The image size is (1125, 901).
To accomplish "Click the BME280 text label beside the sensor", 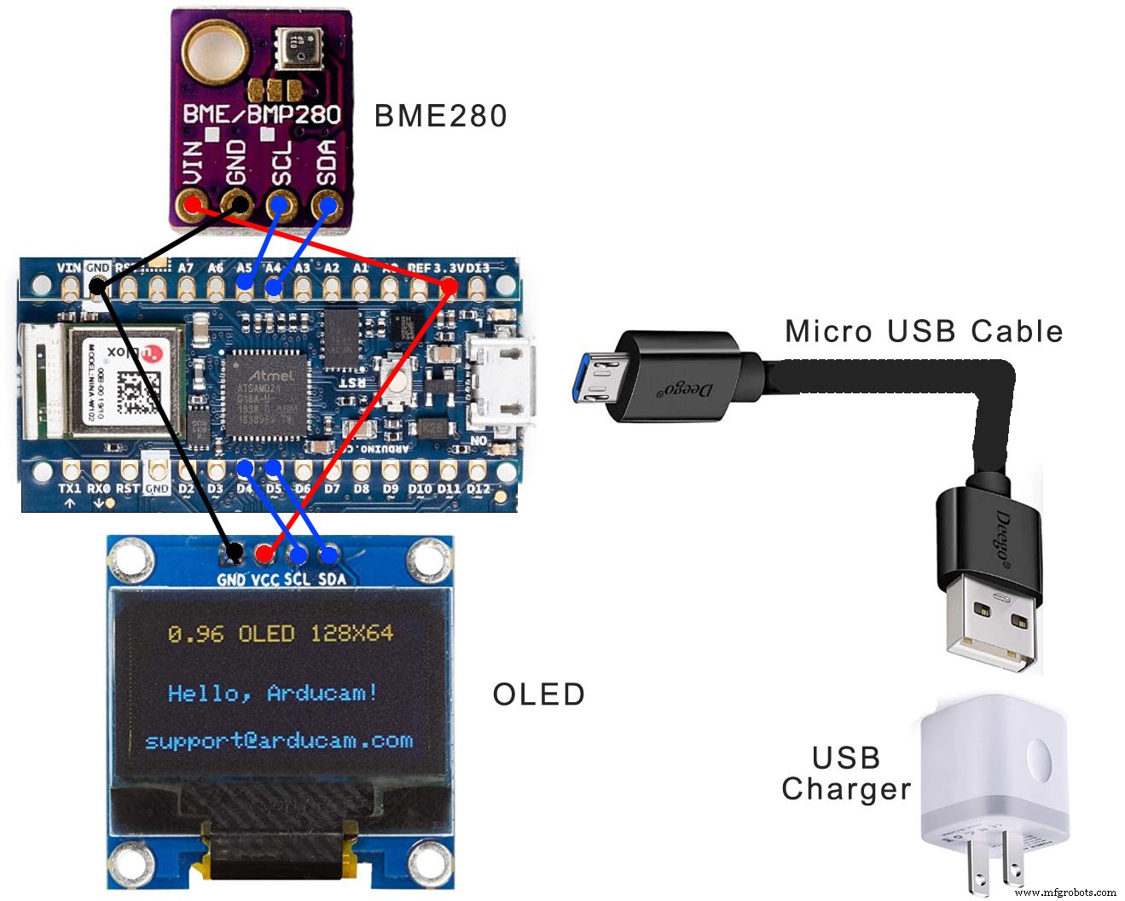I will click(x=440, y=116).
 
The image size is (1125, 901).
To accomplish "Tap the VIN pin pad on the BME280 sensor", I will click(x=194, y=205).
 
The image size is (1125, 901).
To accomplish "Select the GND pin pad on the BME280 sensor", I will click(x=237, y=205).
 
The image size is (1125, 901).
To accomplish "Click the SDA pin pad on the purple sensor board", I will click(x=326, y=205).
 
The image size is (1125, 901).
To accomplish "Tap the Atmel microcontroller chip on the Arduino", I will click(x=265, y=393).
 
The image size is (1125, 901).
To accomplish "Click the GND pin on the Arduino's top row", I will click(x=98, y=287).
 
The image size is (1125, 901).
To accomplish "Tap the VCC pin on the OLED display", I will click(x=264, y=555).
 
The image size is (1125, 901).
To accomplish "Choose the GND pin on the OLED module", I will click(x=233, y=554).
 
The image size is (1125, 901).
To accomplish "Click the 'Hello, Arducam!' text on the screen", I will click(x=272, y=693).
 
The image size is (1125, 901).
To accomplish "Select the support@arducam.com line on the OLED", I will click(x=279, y=741).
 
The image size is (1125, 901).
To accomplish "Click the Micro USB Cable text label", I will click(x=924, y=331).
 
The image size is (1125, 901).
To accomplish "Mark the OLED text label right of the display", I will click(x=538, y=695).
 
